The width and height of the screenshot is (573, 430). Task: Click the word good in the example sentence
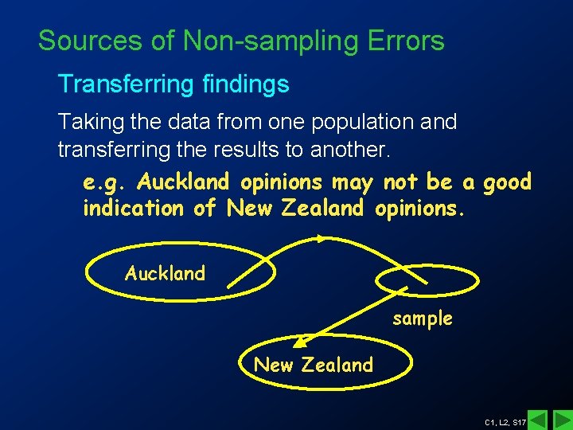(506, 182)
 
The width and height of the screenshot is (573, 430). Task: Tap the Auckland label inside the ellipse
(165, 273)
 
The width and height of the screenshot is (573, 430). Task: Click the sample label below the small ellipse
(422, 319)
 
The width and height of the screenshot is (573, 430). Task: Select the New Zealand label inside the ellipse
(313, 365)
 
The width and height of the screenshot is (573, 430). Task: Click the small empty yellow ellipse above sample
(428, 282)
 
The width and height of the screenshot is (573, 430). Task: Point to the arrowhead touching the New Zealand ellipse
(299, 342)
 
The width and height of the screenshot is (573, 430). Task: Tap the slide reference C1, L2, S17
(505, 420)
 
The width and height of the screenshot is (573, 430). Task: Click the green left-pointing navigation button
(538, 419)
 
